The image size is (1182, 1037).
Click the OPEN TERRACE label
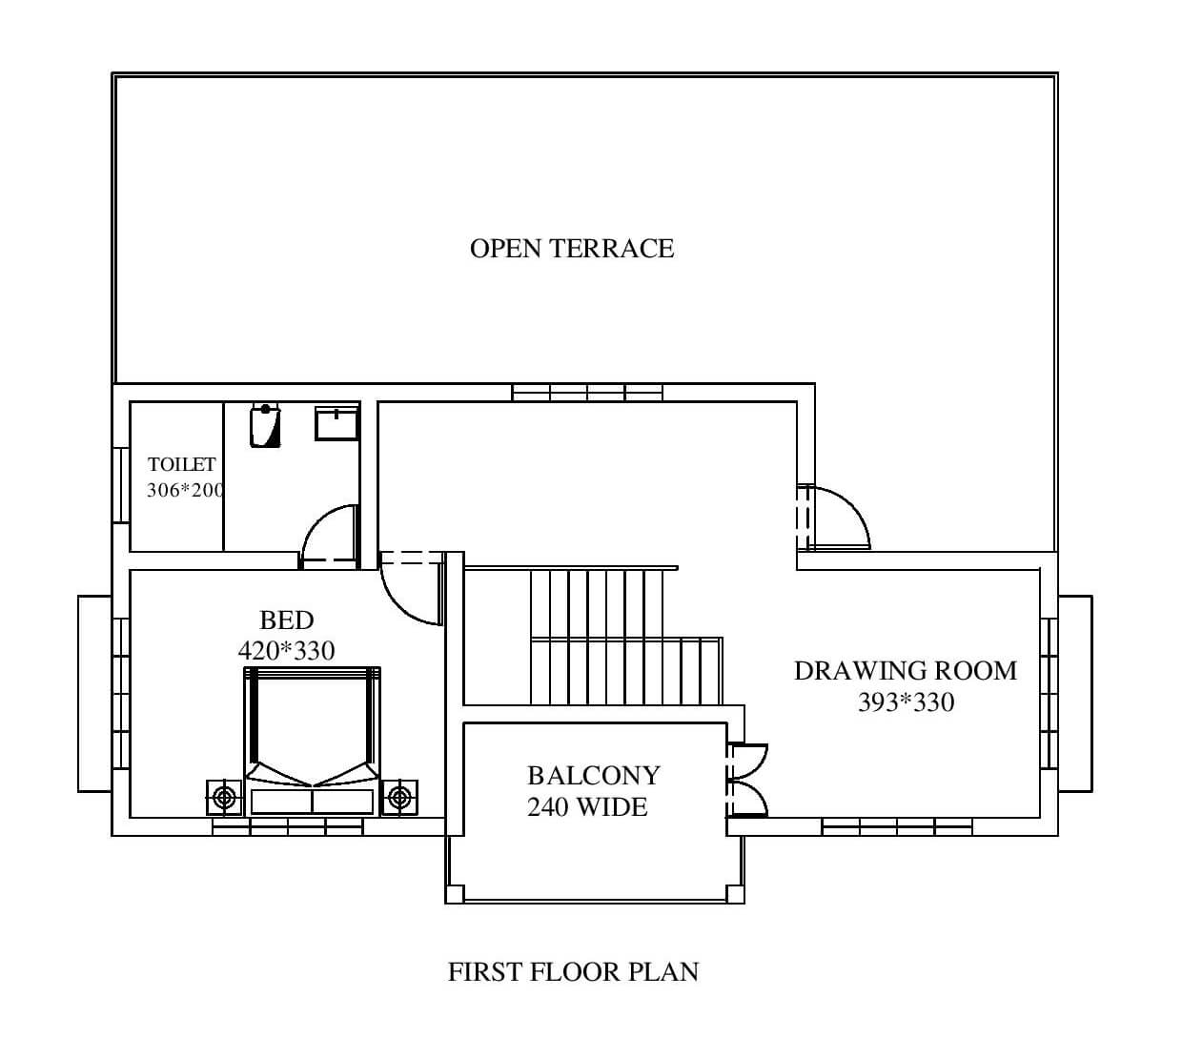coord(572,249)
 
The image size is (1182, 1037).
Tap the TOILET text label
coord(181,464)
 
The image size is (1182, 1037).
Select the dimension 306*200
coord(185,490)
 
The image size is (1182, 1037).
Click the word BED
coord(287,620)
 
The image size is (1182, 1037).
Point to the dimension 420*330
coord(287,651)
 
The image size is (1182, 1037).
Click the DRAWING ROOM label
coord(906,671)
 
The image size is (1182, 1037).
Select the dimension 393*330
coord(907,702)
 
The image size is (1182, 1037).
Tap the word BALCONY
coord(594,776)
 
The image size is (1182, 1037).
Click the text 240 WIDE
coord(587,807)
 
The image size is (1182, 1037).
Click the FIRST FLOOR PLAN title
coord(573,972)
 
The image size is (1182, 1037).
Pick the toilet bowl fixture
coord(265,425)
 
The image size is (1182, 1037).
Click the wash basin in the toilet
coord(336,423)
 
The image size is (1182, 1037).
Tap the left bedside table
coord(224,797)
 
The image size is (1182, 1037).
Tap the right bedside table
coord(399,797)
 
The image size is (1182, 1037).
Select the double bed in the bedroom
coord(312,742)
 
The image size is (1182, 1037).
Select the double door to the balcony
coord(747,780)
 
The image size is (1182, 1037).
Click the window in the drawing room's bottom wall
coord(897,827)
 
